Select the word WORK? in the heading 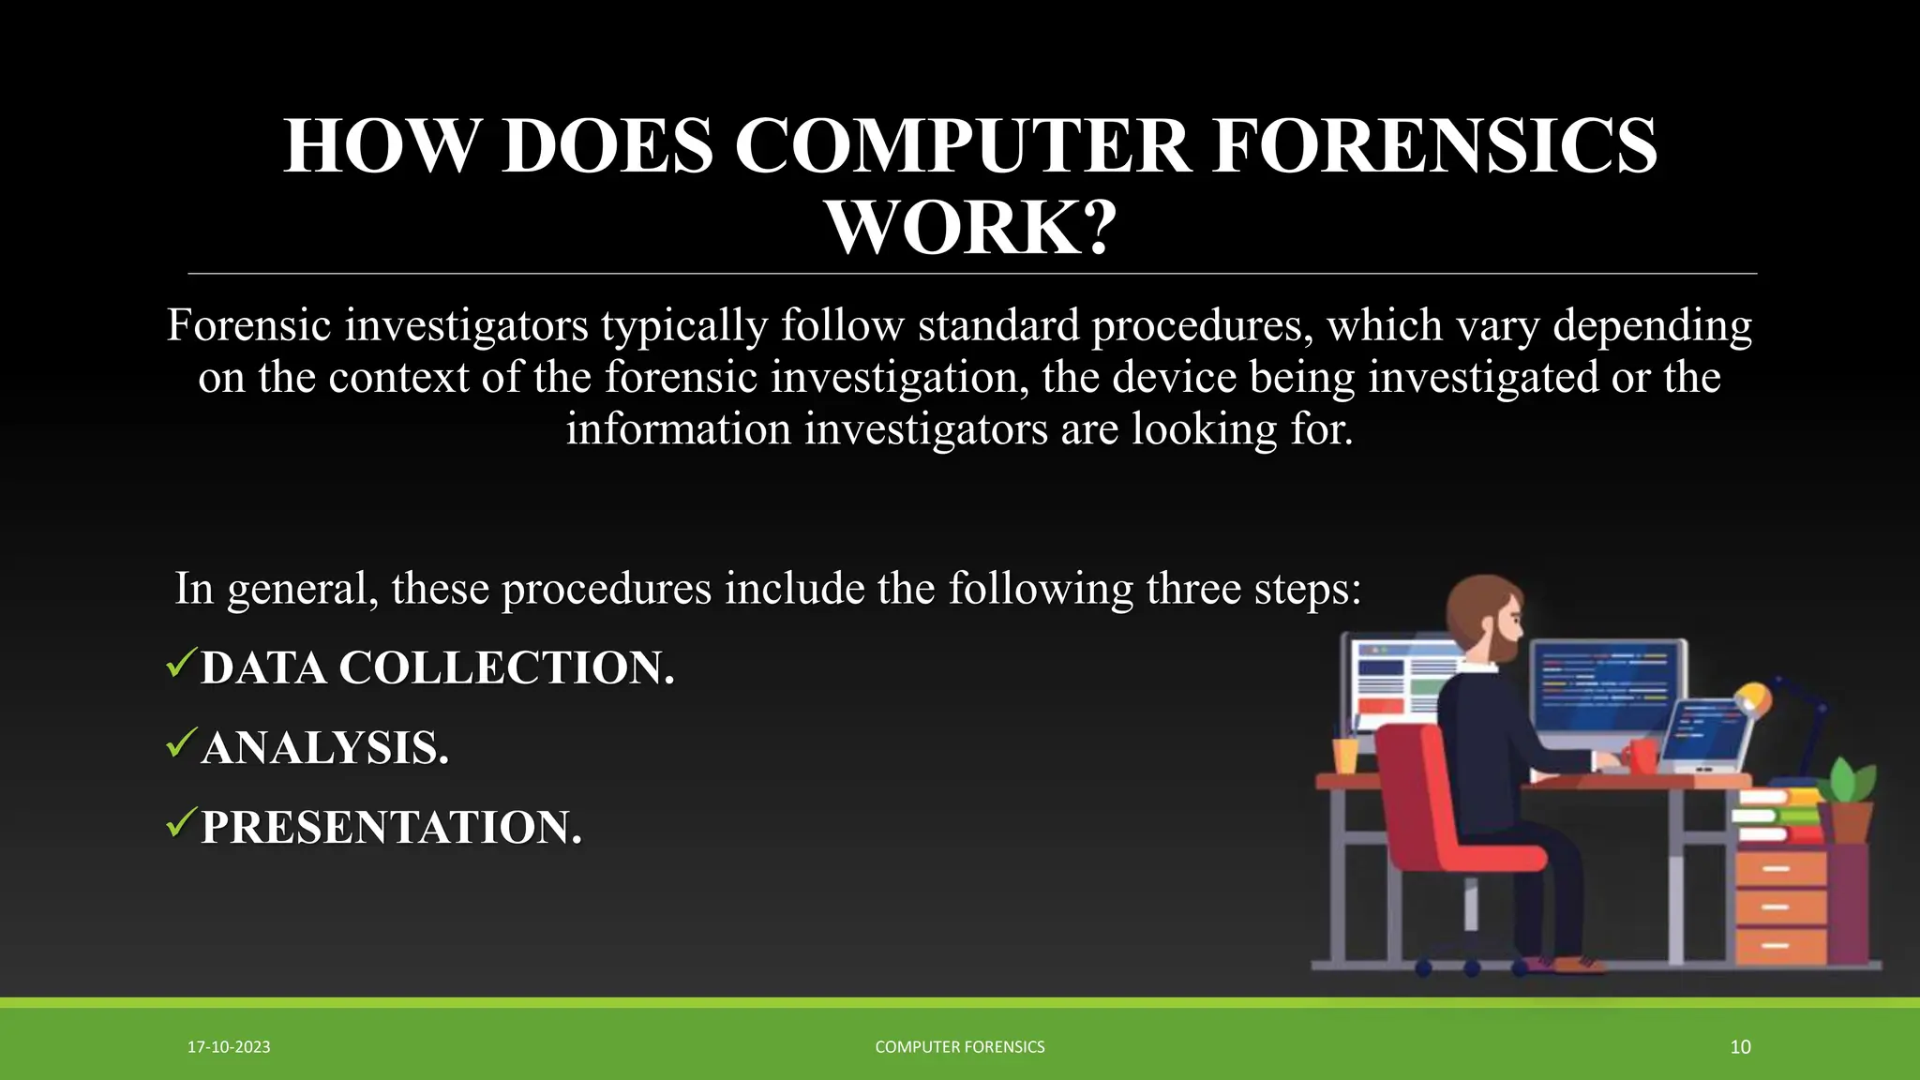coord(970,228)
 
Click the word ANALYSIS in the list coord(324,748)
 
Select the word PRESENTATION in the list coord(391,828)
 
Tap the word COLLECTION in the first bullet coord(506,668)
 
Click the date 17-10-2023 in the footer coord(229,1047)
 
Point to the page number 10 coord(1740,1047)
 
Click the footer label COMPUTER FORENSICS coord(959,1047)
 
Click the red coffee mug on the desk coord(1642,756)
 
